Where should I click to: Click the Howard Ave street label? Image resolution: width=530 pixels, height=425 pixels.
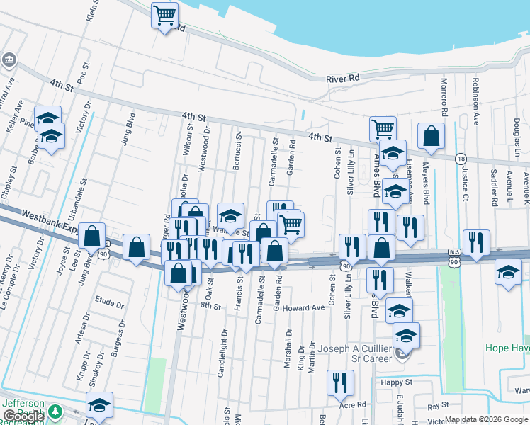303,308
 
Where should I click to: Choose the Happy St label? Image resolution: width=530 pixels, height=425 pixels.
395,382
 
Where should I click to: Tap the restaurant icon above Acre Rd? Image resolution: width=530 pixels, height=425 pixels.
340,383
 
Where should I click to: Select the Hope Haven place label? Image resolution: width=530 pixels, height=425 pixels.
507,348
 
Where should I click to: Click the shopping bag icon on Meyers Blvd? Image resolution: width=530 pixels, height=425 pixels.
431,135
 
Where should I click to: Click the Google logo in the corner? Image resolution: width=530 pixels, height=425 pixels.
23,416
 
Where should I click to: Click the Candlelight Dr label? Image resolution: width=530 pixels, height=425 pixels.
223,351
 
